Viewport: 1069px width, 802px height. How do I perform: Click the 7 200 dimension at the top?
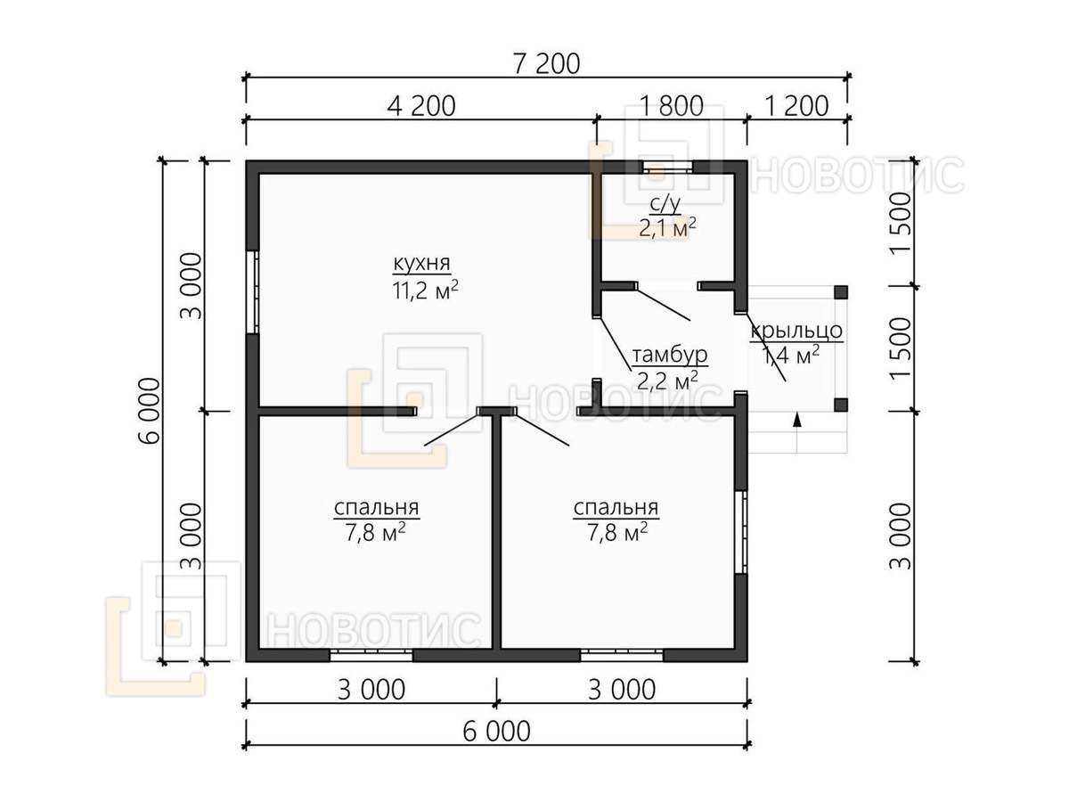pyautogui.click(x=546, y=64)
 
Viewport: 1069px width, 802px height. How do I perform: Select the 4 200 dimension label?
pyautogui.click(x=421, y=106)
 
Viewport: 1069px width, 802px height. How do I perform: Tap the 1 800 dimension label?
pyautogui.click(x=672, y=106)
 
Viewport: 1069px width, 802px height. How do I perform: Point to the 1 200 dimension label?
pyautogui.click(x=796, y=106)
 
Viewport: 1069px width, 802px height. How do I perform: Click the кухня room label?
pyautogui.click(x=421, y=264)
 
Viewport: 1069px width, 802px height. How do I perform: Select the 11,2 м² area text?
pyautogui.click(x=425, y=290)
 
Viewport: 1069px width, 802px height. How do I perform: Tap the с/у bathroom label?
pyautogui.click(x=665, y=205)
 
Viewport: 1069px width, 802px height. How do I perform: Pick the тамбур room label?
pyautogui.click(x=670, y=355)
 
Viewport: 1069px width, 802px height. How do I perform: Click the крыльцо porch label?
pyautogui.click(x=796, y=331)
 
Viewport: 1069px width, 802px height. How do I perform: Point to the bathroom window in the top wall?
pyautogui.click(x=668, y=167)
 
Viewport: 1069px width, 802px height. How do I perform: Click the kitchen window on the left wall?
pyautogui.click(x=252, y=291)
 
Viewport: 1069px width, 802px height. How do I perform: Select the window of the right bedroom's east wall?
pyautogui.click(x=741, y=532)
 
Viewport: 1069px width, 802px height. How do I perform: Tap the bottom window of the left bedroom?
pyautogui.click(x=371, y=655)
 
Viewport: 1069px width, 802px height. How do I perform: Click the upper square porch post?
pyautogui.click(x=841, y=292)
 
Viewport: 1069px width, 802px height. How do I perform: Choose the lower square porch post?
pyautogui.click(x=841, y=405)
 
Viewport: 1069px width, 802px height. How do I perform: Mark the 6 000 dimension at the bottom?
pyautogui.click(x=496, y=732)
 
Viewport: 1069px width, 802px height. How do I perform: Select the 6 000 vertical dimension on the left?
pyautogui.click(x=150, y=411)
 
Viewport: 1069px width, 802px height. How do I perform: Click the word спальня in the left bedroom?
pyautogui.click(x=377, y=507)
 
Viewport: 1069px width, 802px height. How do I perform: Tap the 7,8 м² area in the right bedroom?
pyautogui.click(x=617, y=532)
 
